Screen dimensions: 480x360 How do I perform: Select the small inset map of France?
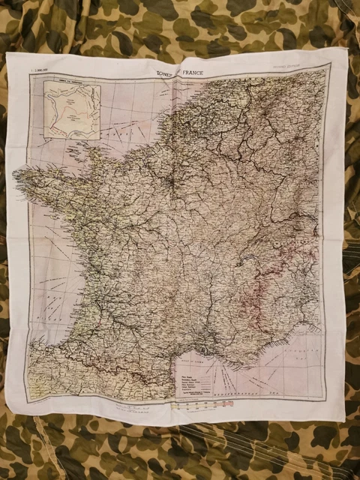coord(73,110)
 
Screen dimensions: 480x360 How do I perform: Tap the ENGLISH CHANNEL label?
coord(112,127)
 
